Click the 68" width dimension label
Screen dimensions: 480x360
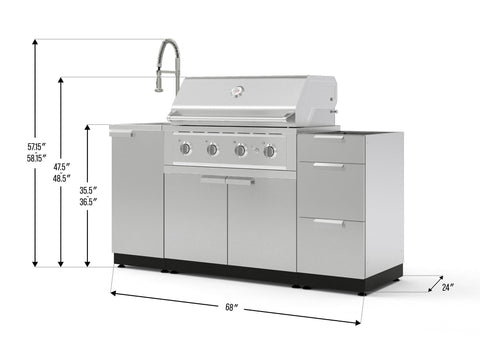pyautogui.click(x=230, y=307)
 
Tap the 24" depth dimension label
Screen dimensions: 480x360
pyautogui.click(x=448, y=287)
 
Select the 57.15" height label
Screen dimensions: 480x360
pyautogui.click(x=36, y=146)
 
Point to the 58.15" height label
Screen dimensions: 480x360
pyautogui.click(x=36, y=158)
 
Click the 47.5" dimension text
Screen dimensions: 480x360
pyautogui.click(x=62, y=167)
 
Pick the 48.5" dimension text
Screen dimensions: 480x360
pyautogui.click(x=62, y=178)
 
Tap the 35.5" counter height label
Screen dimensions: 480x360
pyautogui.click(x=88, y=190)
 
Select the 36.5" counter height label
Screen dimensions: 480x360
pyautogui.click(x=88, y=202)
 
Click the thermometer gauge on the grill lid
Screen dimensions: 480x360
pyautogui.click(x=238, y=91)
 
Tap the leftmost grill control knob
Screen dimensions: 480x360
pyautogui.click(x=186, y=148)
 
